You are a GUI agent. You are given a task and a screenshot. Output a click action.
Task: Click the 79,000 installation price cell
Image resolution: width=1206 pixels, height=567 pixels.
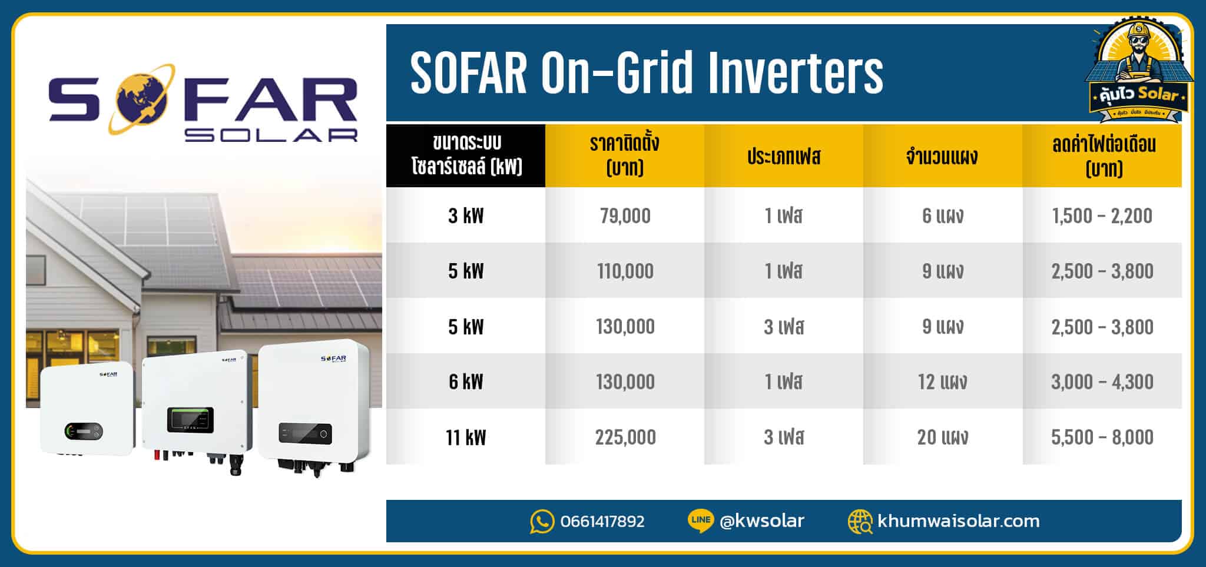625,216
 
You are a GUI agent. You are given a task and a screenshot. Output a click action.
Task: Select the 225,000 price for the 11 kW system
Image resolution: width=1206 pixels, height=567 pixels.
625,437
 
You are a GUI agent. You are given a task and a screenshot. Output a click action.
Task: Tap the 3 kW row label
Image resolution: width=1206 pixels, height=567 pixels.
466,216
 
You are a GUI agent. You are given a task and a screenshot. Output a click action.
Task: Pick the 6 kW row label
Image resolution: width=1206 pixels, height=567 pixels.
466,382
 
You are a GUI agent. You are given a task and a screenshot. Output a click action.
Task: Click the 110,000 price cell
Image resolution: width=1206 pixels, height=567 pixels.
625,271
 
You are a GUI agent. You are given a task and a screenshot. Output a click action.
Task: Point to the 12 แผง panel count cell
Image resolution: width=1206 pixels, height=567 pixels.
942,382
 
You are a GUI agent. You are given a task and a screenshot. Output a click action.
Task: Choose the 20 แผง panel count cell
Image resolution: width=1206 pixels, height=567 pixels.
942,437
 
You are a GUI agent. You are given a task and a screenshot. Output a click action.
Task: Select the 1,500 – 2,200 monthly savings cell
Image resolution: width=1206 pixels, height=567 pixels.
1102,216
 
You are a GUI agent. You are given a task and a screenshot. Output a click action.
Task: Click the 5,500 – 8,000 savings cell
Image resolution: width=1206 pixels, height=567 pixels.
1102,437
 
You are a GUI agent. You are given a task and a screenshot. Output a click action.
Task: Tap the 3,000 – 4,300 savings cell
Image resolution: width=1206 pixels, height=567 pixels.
1102,382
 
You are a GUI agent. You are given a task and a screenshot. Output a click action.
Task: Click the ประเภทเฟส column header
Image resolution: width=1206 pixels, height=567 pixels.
784,157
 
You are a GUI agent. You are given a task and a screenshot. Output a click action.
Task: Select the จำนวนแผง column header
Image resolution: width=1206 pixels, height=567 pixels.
942,157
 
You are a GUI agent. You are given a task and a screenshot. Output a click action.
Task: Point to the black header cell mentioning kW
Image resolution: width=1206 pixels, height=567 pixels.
466,155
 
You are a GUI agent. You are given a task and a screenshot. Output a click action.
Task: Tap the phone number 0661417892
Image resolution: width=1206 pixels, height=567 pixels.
602,522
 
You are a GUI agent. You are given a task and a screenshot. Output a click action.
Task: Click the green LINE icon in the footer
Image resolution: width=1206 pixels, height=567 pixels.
700,520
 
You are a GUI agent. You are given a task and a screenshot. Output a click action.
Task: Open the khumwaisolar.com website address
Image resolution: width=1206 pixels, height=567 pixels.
958,522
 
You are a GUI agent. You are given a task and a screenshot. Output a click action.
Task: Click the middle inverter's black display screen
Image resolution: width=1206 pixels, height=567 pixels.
190,419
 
